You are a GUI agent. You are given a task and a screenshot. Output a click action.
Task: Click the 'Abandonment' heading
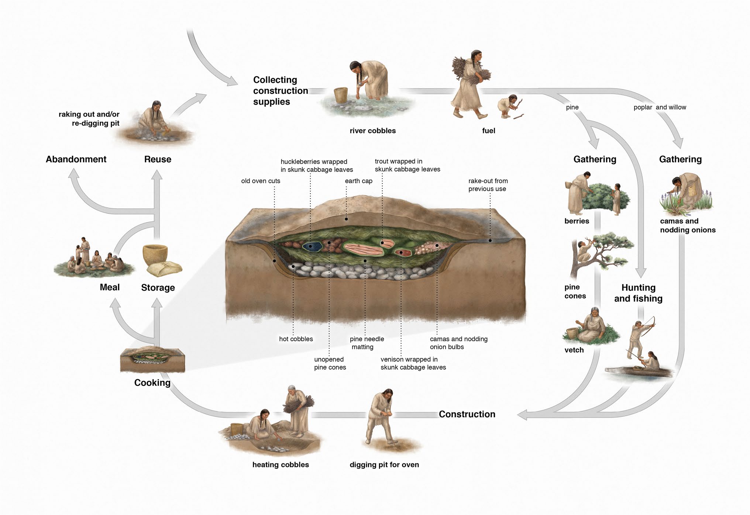point(76,159)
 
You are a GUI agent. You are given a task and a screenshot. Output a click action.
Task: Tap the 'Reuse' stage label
point(158,159)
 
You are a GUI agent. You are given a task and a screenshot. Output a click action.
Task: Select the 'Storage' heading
point(158,288)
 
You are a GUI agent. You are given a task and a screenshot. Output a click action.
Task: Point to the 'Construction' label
point(467,414)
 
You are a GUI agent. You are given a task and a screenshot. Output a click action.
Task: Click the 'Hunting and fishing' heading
point(638,293)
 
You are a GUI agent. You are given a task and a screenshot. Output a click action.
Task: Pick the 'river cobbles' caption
point(372,131)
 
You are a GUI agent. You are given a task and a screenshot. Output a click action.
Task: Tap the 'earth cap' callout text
point(358,181)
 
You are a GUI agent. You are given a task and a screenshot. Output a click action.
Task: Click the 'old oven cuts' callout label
point(261,181)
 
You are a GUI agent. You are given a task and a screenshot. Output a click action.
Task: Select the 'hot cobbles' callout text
point(296,339)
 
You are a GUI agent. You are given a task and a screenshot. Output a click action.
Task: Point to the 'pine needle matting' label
point(367,343)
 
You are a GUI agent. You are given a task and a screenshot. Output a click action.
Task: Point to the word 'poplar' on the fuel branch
point(643,107)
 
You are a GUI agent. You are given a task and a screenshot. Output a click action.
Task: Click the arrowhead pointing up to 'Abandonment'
point(73,173)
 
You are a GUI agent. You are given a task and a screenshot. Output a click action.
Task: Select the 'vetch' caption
point(574,350)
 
